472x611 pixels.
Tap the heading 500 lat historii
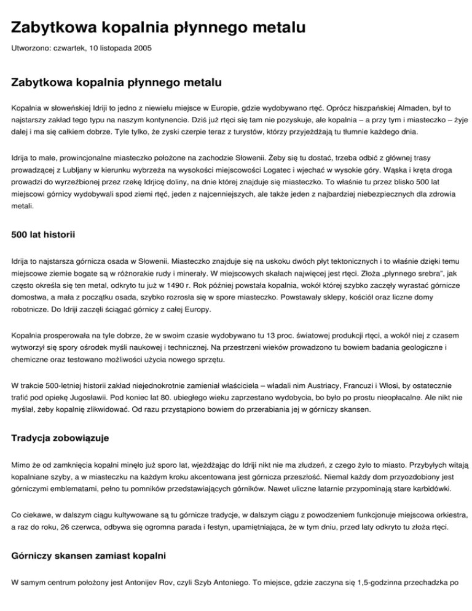pyautogui.click(x=47, y=234)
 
